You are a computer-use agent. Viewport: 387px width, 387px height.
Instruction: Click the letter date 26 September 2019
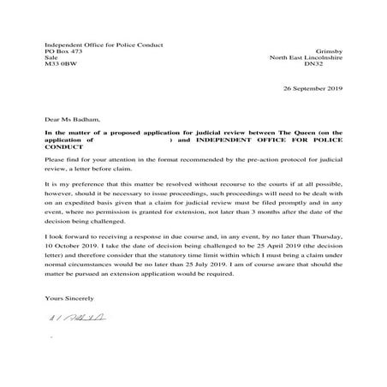point(313,88)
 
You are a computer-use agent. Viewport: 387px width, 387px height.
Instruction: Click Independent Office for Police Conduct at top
point(103,45)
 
